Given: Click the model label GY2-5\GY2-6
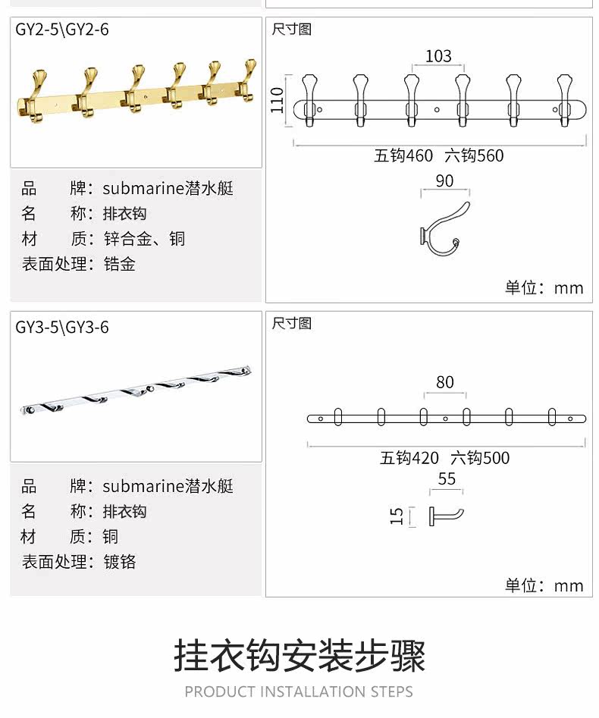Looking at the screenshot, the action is tap(62, 30).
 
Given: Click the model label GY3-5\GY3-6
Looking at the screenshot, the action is tap(62, 328).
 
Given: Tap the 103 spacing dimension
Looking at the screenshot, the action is tap(438, 56).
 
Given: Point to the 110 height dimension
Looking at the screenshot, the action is tap(278, 99).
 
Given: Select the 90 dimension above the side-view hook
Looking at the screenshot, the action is tap(445, 181).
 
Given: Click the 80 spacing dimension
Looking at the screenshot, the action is tap(445, 382).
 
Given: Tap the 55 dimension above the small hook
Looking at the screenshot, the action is tap(447, 478).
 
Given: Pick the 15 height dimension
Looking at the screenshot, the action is tap(397, 516).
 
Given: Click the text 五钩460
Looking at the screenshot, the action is tap(404, 156).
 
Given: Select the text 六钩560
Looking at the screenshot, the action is tap(474, 156).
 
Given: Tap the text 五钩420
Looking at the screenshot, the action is tap(409, 458).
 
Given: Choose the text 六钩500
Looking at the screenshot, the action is tap(480, 458).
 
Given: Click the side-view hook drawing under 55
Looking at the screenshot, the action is tap(447, 516).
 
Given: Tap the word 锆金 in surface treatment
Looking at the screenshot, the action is tap(120, 265).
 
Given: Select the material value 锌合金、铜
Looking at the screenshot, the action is tap(144, 239).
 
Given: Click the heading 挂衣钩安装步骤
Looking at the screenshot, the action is tap(299, 655).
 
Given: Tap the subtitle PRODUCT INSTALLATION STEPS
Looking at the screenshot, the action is tap(299, 691).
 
